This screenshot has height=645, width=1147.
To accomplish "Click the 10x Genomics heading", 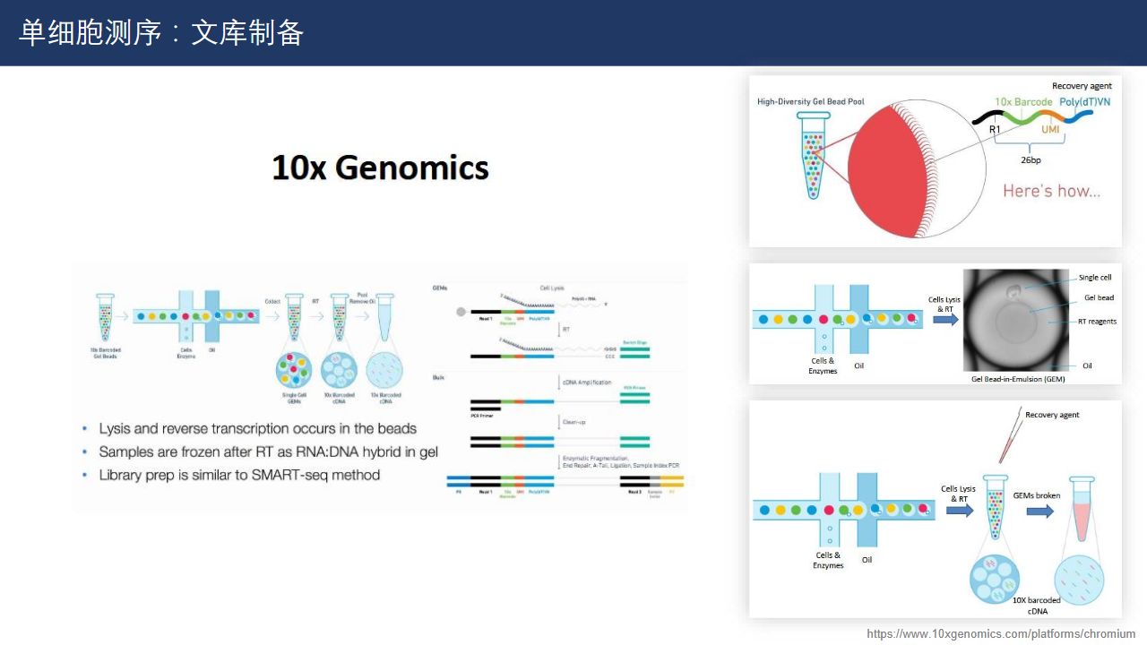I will [380, 168].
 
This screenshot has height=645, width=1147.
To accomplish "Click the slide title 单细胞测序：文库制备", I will [161, 33].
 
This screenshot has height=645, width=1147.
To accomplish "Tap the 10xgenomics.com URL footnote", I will [1001, 634].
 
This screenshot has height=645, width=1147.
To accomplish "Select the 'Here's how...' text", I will [1051, 191].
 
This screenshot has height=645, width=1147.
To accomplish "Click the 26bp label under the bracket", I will [1031, 160].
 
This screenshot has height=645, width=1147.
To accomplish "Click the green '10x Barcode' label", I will [1023, 102].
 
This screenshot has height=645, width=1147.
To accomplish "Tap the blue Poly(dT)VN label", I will [1084, 102].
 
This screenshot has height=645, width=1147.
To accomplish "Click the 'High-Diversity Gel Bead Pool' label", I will [805, 102].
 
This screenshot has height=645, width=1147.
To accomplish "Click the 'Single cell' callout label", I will [1095, 278].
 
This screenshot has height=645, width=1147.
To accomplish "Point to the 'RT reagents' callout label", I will [1097, 322].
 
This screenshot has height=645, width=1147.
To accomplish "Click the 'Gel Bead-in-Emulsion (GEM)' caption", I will [1018, 379].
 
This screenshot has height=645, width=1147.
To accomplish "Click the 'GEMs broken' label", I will [1037, 495].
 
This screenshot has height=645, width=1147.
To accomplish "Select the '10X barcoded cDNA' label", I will [1036, 606].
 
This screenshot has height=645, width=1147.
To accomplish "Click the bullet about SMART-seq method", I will [239, 475].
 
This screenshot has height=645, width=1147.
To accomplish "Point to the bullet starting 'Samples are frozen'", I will [268, 451].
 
